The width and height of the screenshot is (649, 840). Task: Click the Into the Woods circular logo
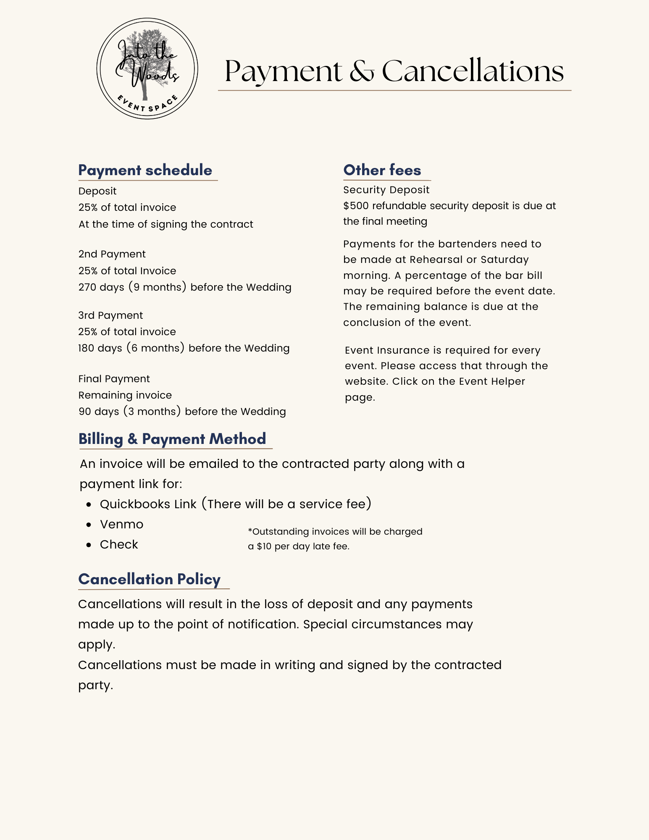click(x=147, y=68)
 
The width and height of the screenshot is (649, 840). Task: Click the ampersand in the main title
click(x=361, y=71)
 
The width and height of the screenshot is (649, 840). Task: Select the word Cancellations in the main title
click(x=473, y=71)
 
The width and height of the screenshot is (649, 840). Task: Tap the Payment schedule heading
click(x=145, y=170)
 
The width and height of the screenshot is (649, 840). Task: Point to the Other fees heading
click(x=382, y=170)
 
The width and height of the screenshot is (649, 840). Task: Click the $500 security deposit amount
click(x=356, y=206)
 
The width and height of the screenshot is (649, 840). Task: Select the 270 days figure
click(x=101, y=287)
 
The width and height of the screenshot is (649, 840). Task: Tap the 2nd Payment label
click(x=112, y=254)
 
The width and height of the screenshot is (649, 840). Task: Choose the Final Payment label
click(x=114, y=379)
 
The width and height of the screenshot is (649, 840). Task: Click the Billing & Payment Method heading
click(x=172, y=439)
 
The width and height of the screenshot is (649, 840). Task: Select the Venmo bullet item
click(x=121, y=524)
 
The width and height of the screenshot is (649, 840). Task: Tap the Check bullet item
click(x=119, y=544)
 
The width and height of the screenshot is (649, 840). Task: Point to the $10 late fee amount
click(x=264, y=546)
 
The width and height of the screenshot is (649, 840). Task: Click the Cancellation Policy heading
click(x=149, y=579)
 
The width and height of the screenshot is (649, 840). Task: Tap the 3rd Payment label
click(x=110, y=315)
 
